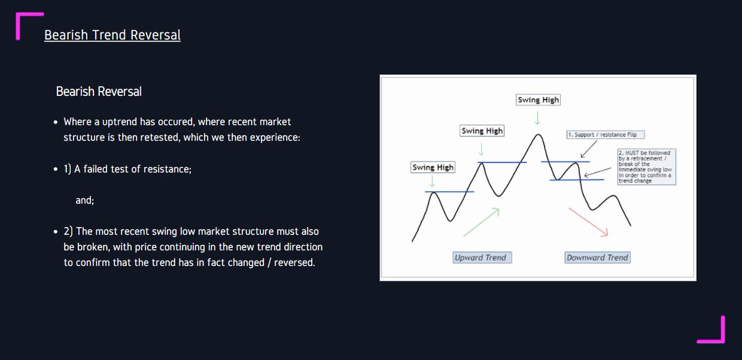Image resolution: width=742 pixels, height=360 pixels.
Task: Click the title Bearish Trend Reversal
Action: click(112, 35)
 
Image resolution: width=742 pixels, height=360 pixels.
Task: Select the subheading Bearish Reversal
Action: click(98, 92)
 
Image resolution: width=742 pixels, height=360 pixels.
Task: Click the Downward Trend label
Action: click(597, 257)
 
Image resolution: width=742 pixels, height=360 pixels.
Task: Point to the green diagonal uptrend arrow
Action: click(481, 221)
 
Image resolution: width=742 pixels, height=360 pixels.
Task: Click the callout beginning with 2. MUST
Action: click(647, 166)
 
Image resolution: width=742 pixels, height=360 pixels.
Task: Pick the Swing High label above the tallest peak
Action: click(539, 100)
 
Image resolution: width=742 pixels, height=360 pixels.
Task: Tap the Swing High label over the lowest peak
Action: click(433, 167)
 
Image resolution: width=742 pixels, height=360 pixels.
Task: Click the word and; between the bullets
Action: click(85, 200)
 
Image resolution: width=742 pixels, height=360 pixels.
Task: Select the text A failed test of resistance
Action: click(132, 169)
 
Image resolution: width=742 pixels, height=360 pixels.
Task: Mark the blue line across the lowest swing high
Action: click(450, 192)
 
